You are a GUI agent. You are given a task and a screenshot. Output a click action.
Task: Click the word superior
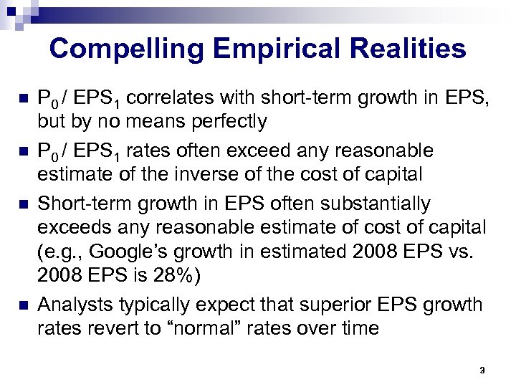coord(342,305)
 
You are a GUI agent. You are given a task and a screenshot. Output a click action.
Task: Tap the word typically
coord(163,305)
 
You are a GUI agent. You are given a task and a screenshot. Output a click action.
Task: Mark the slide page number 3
coord(482,370)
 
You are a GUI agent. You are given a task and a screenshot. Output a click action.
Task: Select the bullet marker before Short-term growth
coord(23,204)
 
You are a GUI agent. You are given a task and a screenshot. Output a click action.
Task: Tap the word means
coord(130,122)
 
